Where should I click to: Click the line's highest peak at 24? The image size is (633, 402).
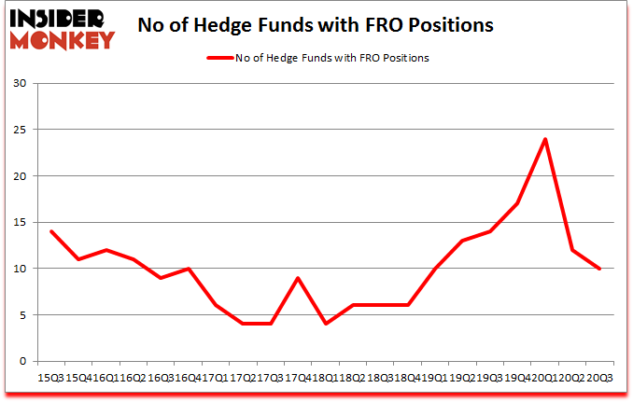point(544,140)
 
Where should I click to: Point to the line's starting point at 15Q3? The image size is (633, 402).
point(50,231)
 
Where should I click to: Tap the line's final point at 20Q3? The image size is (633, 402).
point(599,269)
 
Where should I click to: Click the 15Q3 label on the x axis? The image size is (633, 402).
point(50,379)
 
